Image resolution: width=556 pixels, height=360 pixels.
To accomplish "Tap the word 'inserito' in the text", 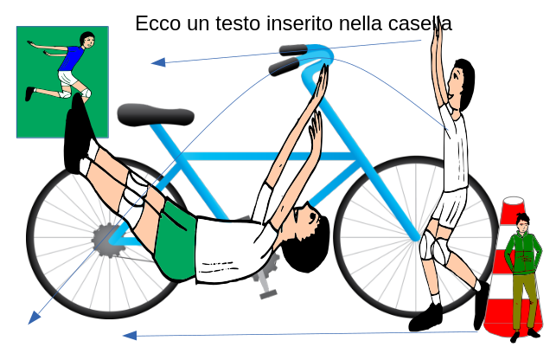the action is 300,23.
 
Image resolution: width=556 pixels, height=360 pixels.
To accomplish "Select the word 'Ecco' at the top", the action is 158,23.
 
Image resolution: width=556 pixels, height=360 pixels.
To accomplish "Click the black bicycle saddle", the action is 156,115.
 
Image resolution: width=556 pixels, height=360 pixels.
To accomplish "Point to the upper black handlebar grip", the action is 294,50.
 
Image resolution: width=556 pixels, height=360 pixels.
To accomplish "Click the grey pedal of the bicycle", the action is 268,294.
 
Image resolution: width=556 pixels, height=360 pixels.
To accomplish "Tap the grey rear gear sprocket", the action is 106,241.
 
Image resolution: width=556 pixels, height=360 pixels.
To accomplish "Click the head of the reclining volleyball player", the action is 305,237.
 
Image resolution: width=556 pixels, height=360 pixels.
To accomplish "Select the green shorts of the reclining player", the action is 176,241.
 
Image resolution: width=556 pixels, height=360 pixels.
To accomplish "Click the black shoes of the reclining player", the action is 77,134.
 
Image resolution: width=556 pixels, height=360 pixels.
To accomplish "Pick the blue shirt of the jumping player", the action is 72,58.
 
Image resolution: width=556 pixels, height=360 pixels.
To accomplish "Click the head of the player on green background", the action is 87,40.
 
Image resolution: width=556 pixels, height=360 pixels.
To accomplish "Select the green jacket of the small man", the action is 523,253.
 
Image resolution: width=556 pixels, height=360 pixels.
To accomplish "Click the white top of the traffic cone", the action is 513,201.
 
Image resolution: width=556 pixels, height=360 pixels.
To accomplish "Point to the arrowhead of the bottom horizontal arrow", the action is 130,336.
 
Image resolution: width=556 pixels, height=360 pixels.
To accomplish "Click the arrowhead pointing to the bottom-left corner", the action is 34,318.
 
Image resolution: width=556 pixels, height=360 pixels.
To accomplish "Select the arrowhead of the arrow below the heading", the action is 158,62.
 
